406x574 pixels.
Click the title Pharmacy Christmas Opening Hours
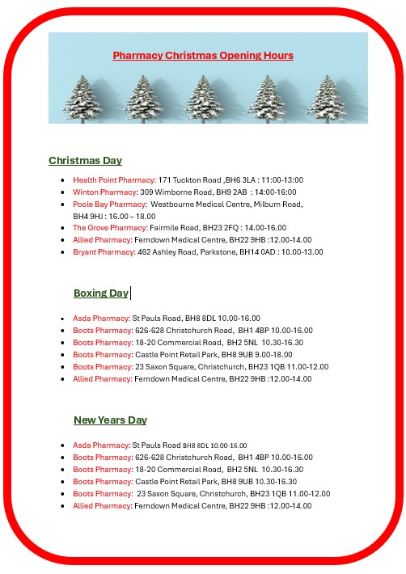[x=203, y=56]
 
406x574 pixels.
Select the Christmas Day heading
[x=85, y=161]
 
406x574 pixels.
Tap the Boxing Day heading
[x=100, y=293]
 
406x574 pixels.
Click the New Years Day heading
[x=110, y=420]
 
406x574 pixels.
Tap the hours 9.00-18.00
[x=275, y=355]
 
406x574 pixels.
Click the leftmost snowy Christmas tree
[x=83, y=99]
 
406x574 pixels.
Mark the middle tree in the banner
[x=205, y=99]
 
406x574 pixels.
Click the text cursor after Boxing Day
[x=131, y=293]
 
